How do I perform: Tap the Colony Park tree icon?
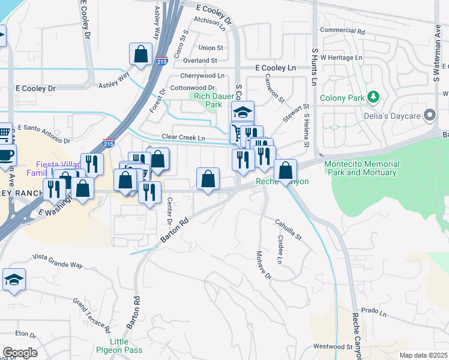373,97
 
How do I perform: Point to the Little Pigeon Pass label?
120,346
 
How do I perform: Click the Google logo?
20,353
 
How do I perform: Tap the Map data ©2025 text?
423,355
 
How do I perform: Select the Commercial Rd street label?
343,30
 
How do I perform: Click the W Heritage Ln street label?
341,57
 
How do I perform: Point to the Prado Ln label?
373,311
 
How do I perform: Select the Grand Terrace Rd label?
92,314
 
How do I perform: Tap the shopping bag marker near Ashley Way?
140,55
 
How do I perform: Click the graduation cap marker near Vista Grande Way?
14,280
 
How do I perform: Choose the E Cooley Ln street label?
276,68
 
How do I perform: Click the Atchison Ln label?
209,24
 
